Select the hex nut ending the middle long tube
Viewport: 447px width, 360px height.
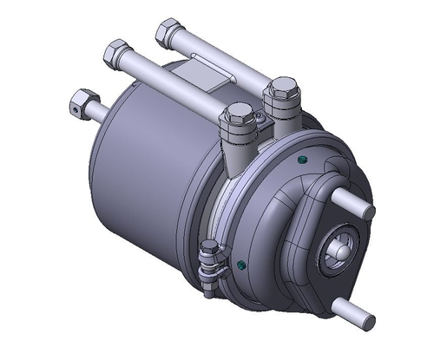[115, 55]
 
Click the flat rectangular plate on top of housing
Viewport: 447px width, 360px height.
[207, 70]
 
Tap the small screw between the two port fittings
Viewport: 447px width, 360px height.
[262, 114]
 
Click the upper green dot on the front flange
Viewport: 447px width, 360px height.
[301, 160]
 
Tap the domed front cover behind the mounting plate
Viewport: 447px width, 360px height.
[286, 217]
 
